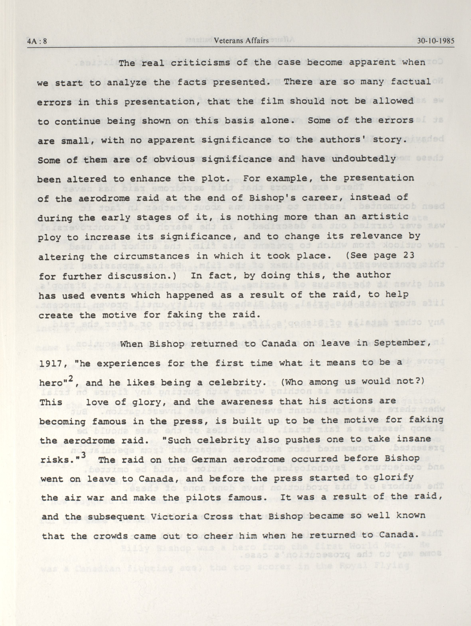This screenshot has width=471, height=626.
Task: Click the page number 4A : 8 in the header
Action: [37, 41]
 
